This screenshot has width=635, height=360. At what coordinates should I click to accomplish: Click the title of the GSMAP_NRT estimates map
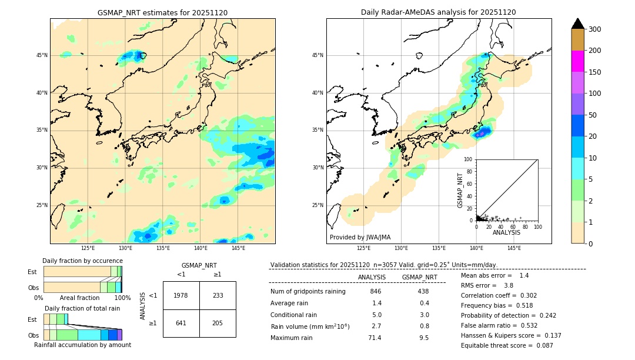162,12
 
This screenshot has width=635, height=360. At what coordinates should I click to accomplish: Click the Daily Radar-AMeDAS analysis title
438,12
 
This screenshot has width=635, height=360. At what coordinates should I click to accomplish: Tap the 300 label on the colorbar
595,29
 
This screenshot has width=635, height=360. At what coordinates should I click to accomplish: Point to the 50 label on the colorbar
593,115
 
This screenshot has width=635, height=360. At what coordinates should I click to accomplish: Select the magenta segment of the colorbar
578,61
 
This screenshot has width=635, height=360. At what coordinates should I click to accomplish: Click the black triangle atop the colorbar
578,24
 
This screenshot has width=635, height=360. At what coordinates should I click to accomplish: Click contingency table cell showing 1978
181,295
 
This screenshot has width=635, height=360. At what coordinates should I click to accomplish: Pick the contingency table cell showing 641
181,323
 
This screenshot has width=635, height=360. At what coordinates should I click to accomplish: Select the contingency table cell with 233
218,295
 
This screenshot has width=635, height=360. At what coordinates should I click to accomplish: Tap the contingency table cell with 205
218,323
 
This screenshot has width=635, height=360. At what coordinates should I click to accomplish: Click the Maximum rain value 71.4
375,338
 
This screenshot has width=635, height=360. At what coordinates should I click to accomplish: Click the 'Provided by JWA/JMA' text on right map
360,238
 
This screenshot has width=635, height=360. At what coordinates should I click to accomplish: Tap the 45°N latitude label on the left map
42,55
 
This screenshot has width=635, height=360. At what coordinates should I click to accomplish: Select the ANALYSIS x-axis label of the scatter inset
506,232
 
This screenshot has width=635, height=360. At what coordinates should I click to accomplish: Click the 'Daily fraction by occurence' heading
82,261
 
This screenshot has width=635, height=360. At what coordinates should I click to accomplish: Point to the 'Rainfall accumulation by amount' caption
82,345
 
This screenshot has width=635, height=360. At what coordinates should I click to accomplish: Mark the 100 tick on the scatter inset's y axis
469,159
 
